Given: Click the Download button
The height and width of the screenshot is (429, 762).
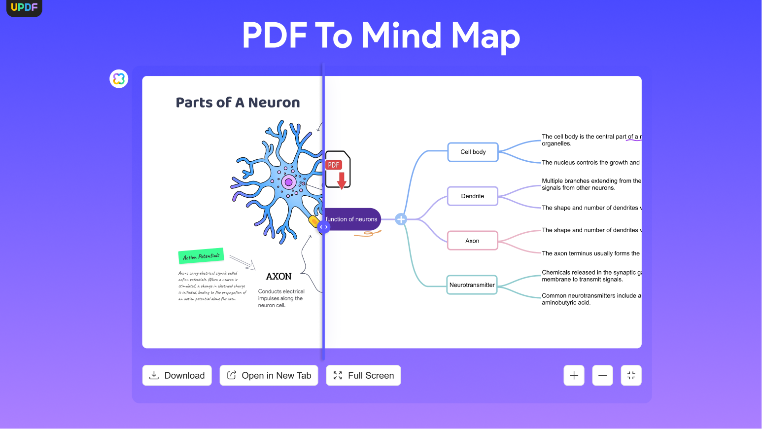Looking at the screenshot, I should (x=177, y=375).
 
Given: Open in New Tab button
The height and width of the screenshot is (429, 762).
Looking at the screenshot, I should (x=269, y=375).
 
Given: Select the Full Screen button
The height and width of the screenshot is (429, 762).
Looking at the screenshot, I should (x=363, y=375).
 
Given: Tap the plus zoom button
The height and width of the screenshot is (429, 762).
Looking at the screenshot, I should (x=574, y=375).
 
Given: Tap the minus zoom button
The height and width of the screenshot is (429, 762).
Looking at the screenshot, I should (x=602, y=375).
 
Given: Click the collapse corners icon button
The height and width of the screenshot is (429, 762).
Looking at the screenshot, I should (x=631, y=375).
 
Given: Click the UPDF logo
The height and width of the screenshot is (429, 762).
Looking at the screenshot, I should (x=24, y=7).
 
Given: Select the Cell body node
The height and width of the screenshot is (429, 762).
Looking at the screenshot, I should (x=473, y=152).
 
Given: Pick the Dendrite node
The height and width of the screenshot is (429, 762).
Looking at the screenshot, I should (x=473, y=196).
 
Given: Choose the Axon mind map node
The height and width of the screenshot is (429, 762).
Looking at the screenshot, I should (x=472, y=241).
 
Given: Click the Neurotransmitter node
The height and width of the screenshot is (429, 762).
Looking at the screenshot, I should (x=472, y=285).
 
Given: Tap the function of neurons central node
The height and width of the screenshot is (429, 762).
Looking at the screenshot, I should (x=352, y=219).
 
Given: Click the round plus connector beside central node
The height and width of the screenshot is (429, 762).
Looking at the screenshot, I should (x=401, y=219).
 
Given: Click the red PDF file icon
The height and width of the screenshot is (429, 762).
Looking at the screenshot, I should (x=338, y=170).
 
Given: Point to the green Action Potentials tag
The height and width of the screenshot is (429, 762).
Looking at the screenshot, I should (x=201, y=256).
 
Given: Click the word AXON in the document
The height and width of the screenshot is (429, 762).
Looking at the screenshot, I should (x=278, y=277).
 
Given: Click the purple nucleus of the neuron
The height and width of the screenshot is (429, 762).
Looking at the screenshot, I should (x=288, y=182).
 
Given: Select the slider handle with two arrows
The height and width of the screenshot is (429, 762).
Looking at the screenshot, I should (x=323, y=227).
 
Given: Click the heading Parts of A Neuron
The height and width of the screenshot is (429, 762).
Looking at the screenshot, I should (x=238, y=103).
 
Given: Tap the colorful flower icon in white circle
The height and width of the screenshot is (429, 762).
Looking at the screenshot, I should (x=119, y=78).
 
